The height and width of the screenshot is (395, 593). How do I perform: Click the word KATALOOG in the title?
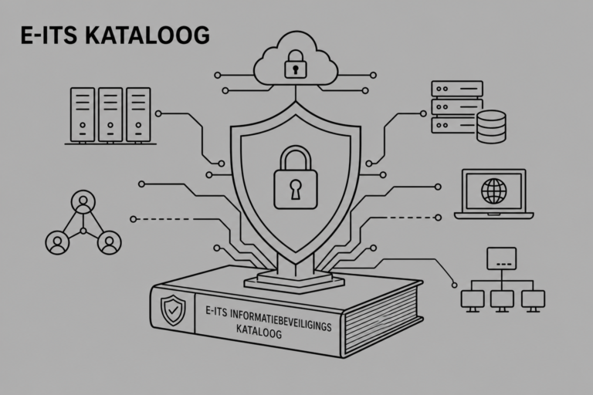coord(147,35)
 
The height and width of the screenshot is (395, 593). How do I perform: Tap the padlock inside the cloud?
coord(296,64)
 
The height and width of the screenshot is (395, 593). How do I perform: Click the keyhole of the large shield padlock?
coord(296,189)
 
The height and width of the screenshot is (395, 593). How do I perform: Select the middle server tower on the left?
coord(110,115)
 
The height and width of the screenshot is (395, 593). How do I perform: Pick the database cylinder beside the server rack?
coord(491,127)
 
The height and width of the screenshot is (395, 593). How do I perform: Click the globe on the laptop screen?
coord(493,191)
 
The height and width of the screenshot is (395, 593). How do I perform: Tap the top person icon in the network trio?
coord(83,202)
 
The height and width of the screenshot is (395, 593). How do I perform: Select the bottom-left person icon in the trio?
coord(57,243)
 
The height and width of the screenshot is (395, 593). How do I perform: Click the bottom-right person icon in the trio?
coord(110,243)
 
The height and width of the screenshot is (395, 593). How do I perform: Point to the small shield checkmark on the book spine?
coord(173,310)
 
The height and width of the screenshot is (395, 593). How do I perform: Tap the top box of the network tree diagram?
coord(501,258)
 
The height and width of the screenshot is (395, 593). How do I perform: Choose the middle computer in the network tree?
coord(502,301)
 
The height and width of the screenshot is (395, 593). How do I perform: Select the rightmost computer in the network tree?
coord(534,301)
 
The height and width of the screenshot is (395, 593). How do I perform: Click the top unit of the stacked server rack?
coord(457,89)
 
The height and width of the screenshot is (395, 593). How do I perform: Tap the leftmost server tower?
coord(83,115)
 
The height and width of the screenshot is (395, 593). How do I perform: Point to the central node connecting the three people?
coord(83,231)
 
